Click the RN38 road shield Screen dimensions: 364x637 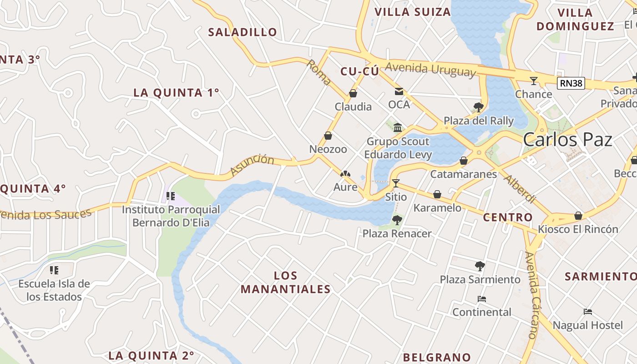[x=571, y=83]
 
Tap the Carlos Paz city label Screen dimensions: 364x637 [x=567, y=140]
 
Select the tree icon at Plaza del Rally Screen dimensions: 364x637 [x=478, y=107]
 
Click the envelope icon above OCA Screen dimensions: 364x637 [x=399, y=91]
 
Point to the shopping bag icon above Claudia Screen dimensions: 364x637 [x=353, y=93]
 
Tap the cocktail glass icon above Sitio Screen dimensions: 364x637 [x=395, y=183]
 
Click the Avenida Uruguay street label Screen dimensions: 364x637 [x=430, y=70]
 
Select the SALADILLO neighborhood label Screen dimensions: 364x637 [x=242, y=32]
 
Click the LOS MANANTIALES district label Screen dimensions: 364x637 [x=285, y=282]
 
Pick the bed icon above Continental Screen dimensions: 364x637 [x=482, y=299]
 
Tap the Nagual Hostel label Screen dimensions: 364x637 [x=587, y=325]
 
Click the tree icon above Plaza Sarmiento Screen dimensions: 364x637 [x=480, y=266]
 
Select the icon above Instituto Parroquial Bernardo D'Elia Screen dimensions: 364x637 [x=171, y=196]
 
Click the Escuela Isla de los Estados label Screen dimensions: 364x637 [x=54, y=290]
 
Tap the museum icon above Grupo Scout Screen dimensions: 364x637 [x=398, y=127]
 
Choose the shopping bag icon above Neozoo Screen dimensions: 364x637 [x=328, y=136]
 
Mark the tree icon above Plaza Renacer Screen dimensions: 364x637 [x=397, y=220]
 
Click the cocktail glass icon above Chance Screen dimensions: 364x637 [x=533, y=81]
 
